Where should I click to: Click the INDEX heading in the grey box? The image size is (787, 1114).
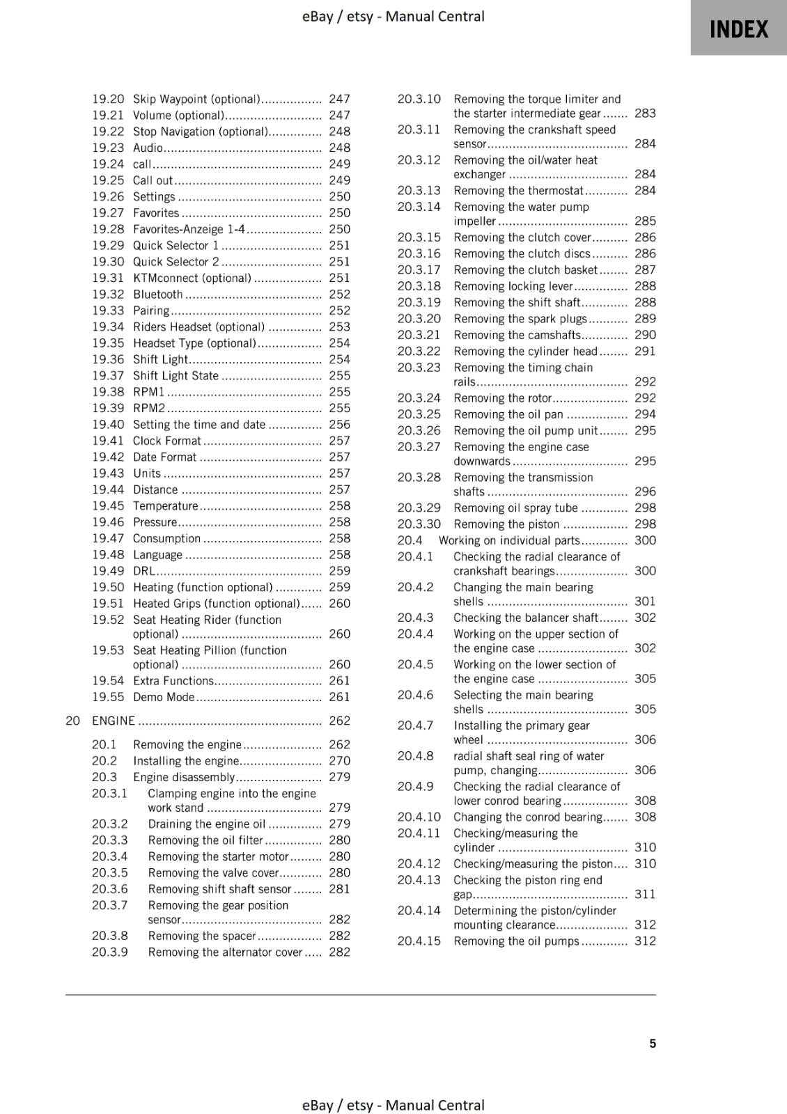[738, 29]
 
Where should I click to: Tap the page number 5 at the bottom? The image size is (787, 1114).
[653, 1043]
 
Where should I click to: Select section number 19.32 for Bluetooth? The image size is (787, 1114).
[108, 295]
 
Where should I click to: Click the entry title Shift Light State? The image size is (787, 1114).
[176, 376]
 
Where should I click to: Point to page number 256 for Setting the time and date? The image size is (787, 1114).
[339, 425]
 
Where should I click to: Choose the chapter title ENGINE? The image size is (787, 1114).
[114, 721]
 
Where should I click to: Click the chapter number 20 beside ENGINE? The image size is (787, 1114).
[72, 721]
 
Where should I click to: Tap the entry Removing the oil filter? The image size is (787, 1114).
[205, 840]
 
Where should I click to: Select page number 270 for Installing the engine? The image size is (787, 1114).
[339, 761]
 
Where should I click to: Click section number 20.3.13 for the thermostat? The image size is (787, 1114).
[419, 191]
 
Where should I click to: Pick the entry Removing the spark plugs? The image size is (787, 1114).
[520, 319]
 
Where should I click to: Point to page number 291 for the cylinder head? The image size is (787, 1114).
[645, 352]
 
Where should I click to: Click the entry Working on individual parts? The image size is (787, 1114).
[508, 540]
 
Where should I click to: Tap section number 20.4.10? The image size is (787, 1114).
[419, 817]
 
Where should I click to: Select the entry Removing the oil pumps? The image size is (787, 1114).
[516, 941]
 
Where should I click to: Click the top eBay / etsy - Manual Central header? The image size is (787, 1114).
[393, 16]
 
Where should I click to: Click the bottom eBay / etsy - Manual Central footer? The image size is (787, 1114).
[393, 1105]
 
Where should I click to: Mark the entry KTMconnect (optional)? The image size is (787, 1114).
[192, 278]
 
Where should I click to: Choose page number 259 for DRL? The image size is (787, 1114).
[339, 571]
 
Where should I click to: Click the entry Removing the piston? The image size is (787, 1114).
[506, 524]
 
